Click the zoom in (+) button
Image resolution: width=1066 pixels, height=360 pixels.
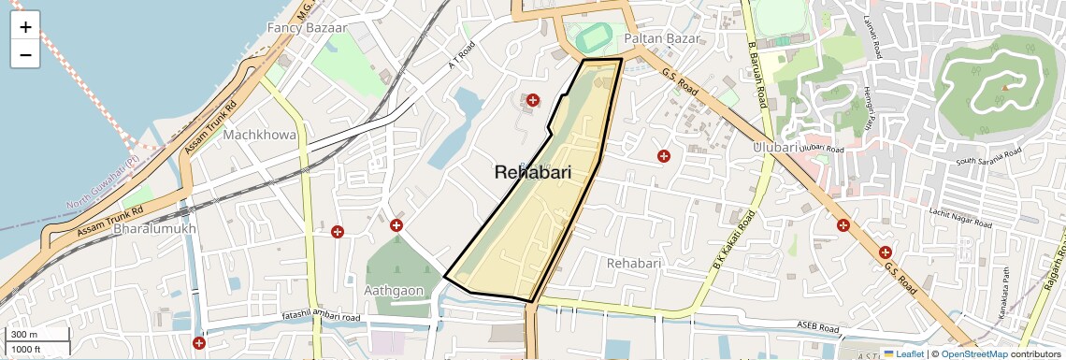pyautogui.click(x=25, y=27)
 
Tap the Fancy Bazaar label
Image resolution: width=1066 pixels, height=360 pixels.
pyautogui.click(x=307, y=28)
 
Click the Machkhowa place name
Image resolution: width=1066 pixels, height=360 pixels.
pyautogui.click(x=259, y=135)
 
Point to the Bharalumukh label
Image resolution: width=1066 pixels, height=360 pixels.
pyautogui.click(x=154, y=228)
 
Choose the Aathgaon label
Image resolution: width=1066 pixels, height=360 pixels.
pyautogui.click(x=394, y=291)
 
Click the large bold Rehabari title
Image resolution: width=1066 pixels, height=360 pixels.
pyautogui.click(x=545, y=172)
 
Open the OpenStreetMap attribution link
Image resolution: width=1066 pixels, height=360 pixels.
pyautogui.click(x=973, y=354)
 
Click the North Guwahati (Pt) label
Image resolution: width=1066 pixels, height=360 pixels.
pyautogui.click(x=102, y=186)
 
